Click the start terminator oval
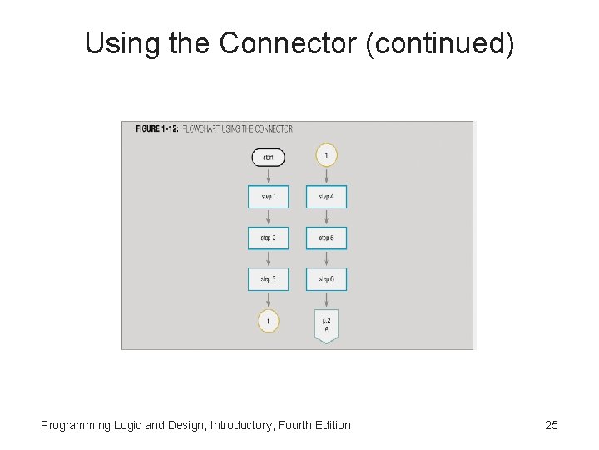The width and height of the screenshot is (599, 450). tap(268, 157)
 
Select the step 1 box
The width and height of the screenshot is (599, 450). tap(268, 197)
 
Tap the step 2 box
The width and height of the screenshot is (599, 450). tap(268, 237)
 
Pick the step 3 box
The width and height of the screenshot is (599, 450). tap(268, 278)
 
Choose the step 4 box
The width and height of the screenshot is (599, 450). tap(326, 197)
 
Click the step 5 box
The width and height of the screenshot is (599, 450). tap(326, 237)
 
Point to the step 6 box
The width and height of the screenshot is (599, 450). tap(326, 278)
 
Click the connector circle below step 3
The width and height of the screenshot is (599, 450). tap(268, 321)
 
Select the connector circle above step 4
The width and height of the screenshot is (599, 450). tap(327, 156)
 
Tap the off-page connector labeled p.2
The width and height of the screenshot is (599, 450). tap(326, 325)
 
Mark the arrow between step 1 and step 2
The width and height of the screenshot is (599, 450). tap(268, 217)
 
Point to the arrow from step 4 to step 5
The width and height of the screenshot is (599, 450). tap(326, 217)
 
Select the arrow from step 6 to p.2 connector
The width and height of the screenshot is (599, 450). tap(326, 300)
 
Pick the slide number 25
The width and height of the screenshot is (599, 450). tap(551, 425)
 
